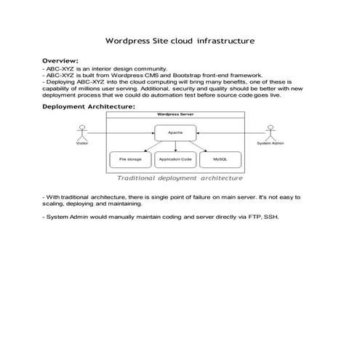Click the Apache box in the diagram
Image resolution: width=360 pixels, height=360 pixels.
pyautogui.click(x=175, y=133)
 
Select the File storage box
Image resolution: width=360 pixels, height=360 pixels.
pyautogui.click(x=131, y=159)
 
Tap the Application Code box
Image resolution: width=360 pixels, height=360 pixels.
pyautogui.click(x=175, y=159)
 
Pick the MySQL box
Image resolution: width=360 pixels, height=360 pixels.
pyautogui.click(x=219, y=159)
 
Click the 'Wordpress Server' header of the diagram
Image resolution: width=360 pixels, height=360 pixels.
pyautogui.click(x=175, y=115)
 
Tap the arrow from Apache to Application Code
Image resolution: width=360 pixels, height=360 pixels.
pyautogui.click(x=175, y=146)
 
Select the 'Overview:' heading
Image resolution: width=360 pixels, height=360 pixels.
pyautogui.click(x=60, y=60)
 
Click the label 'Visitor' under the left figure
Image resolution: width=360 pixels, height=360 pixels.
pyautogui.click(x=81, y=143)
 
